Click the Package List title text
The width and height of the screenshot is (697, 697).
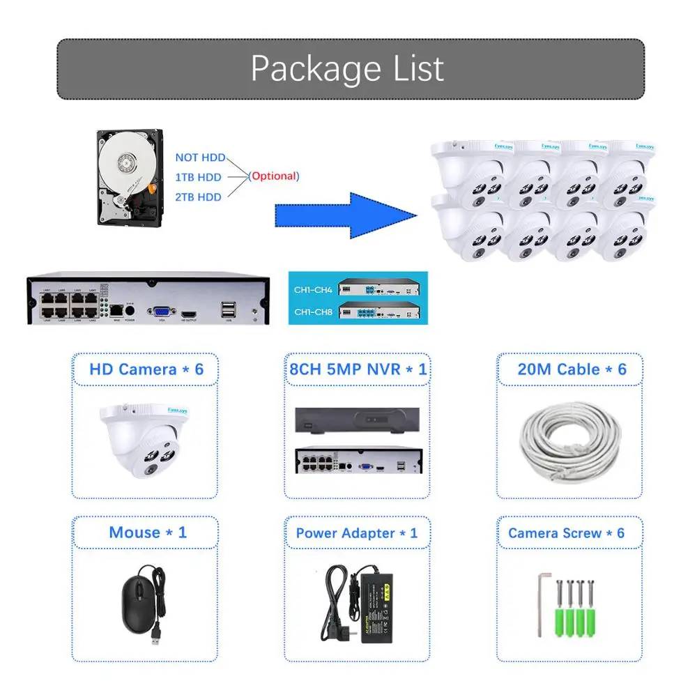(x=347, y=68)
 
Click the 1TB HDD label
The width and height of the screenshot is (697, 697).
(x=198, y=177)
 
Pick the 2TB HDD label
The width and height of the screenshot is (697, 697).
(x=198, y=197)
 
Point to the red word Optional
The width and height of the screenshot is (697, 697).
(x=274, y=176)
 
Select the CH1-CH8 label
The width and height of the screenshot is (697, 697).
(x=313, y=311)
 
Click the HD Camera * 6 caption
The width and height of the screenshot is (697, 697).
(x=146, y=369)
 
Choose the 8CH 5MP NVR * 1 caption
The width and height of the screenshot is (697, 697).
(x=358, y=369)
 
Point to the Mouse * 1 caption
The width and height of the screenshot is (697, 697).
(x=148, y=533)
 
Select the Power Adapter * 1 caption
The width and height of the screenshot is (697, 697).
(x=357, y=533)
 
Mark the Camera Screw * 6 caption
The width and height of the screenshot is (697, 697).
(x=566, y=533)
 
